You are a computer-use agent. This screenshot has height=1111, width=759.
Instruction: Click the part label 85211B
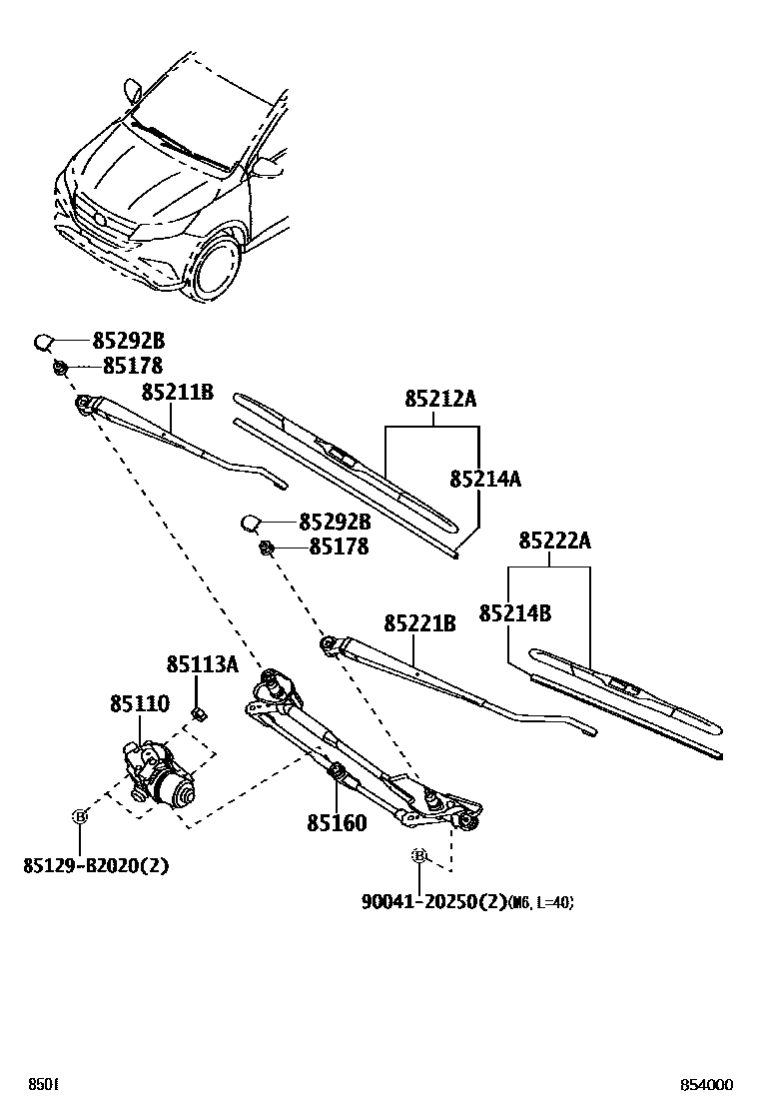pyautogui.click(x=177, y=393)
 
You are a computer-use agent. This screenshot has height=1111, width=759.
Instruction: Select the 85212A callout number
pyautogui.click(x=440, y=400)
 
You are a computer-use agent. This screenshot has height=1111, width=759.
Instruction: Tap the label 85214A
pyautogui.click(x=485, y=479)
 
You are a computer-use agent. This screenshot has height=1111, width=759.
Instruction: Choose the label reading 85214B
pyautogui.click(x=514, y=613)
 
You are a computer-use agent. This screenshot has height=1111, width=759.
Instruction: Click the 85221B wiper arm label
pyautogui.click(x=419, y=624)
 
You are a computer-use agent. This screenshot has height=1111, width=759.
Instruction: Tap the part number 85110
pyautogui.click(x=139, y=705)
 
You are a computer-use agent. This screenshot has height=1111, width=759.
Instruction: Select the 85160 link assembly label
pyautogui.click(x=337, y=823)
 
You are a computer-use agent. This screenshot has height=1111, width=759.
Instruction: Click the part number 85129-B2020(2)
pyautogui.click(x=95, y=865)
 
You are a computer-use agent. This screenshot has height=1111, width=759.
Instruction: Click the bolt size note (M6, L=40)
pyautogui.click(x=540, y=902)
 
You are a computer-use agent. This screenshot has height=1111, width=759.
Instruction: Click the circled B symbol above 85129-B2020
pyautogui.click(x=80, y=817)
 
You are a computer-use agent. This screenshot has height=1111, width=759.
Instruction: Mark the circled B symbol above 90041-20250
pyautogui.click(x=420, y=856)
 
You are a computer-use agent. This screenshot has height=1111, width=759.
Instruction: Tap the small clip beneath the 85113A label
pyautogui.click(x=199, y=713)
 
